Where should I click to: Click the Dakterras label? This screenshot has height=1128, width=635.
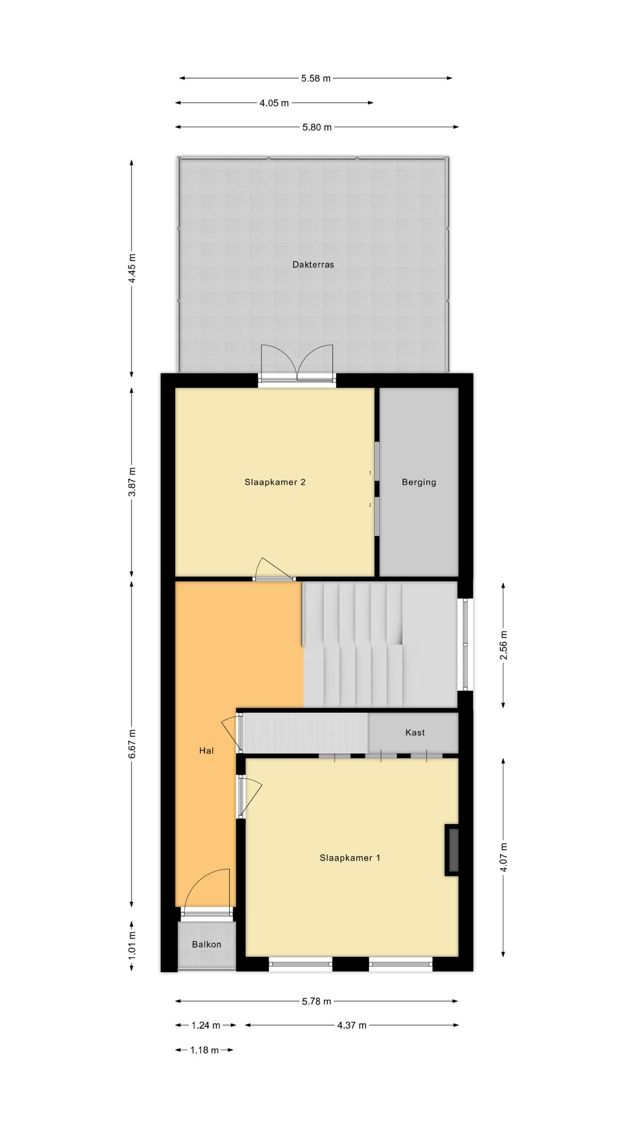pos(313,264)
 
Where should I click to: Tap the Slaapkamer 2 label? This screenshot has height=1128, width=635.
pos(275,482)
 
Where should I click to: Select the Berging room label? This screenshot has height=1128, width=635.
pos(419,482)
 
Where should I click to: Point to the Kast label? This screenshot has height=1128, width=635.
pos(415,733)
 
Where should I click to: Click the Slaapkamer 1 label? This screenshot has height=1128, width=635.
pos(350,858)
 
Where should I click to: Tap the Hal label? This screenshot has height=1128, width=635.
pos(207,750)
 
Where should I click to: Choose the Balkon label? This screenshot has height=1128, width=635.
pos(207,944)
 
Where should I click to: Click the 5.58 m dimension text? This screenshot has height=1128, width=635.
pos(316,78)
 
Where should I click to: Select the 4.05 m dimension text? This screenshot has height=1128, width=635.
pos(274,103)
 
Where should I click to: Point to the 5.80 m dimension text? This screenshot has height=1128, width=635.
pos(317,127)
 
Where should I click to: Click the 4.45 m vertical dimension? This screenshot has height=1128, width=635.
pos(131,268)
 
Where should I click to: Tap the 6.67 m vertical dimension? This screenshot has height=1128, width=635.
pos(131,743)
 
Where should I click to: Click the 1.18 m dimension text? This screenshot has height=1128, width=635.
pos(205,1050)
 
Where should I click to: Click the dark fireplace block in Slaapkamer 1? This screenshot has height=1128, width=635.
pos(452,849)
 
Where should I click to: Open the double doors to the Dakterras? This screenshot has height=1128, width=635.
pos(298,364)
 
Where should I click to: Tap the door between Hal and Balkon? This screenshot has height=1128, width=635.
pos(206,893)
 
